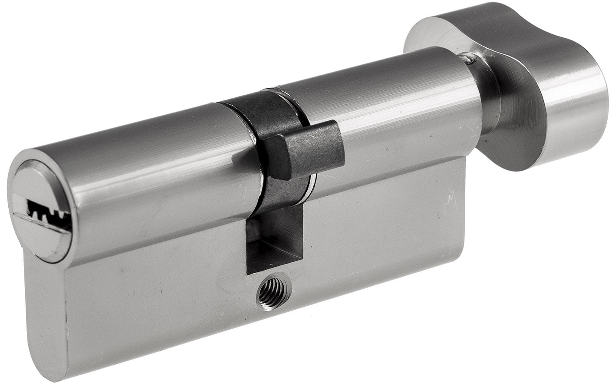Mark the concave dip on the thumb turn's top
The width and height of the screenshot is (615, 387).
coord(521,26)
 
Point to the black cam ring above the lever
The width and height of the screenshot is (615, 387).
coord(256,109)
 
